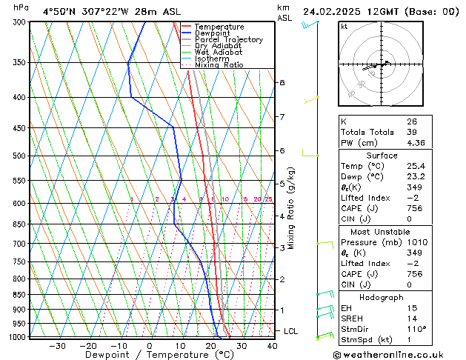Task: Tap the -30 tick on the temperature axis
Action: pos(57,346)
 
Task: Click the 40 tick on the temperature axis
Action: pos(272,346)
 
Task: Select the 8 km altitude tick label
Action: pos(282,82)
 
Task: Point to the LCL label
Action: pos(290,331)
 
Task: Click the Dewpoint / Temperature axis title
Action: pos(148,356)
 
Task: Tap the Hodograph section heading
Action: pos(382,296)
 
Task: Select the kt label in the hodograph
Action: pos(344,27)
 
